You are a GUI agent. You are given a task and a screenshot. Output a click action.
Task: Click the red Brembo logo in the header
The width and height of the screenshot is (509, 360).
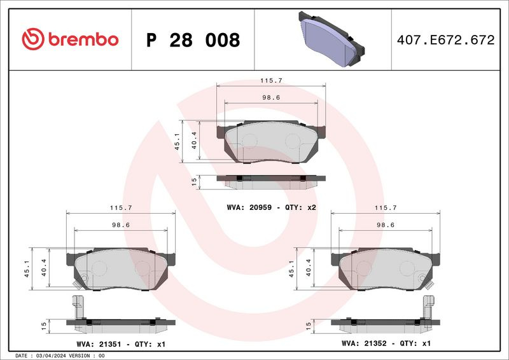(x=70, y=39)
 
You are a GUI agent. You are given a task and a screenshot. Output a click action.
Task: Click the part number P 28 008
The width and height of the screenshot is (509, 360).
(x=193, y=40)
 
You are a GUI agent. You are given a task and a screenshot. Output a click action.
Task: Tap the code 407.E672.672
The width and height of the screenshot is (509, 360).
(x=446, y=40)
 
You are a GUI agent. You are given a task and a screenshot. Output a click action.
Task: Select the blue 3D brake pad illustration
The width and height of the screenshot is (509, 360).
(x=331, y=39)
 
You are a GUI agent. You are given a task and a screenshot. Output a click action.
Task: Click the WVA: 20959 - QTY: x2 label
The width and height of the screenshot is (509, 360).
(x=272, y=207)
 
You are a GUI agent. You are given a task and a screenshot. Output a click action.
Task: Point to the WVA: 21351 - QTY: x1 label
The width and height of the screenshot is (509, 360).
(x=121, y=344)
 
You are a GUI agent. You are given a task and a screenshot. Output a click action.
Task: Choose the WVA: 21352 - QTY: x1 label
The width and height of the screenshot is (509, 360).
(x=386, y=343)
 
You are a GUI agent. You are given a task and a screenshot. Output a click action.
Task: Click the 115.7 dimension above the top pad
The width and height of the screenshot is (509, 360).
(x=272, y=81)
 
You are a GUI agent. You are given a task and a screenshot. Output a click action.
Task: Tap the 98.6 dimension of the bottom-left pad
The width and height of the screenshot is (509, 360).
(x=121, y=225)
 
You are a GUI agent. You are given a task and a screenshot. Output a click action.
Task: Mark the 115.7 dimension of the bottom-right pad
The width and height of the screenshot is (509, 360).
(x=386, y=208)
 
